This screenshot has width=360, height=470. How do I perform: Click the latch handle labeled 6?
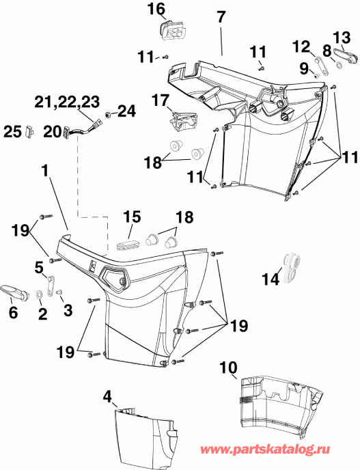(x=14, y=292)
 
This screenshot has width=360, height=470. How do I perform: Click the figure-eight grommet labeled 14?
(x=292, y=266)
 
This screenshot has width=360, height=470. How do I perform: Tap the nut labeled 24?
(x=109, y=111)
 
